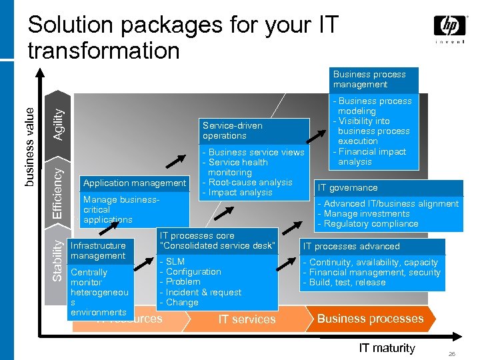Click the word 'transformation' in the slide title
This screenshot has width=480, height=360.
pyautogui.click(x=104, y=50)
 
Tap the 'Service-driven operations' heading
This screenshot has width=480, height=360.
pyautogui.click(x=233, y=131)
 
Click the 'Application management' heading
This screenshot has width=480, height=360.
pyautogui.click(x=135, y=183)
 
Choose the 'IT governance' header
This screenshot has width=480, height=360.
pyautogui.click(x=347, y=188)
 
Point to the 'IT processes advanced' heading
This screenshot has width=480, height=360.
pyautogui.click(x=351, y=246)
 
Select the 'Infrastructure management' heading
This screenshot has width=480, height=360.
pyautogui.click(x=98, y=251)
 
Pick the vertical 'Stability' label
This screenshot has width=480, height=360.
pyautogui.click(x=59, y=260)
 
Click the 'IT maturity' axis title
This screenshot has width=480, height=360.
pyautogui.click(x=387, y=347)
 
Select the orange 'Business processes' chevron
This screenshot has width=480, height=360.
pyautogui.click(x=370, y=319)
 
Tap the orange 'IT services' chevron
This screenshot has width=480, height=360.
pyautogui.click(x=247, y=319)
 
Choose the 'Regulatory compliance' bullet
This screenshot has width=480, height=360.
pyautogui.click(x=371, y=224)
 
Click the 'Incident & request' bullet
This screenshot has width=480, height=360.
pyautogui.click(x=203, y=292)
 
